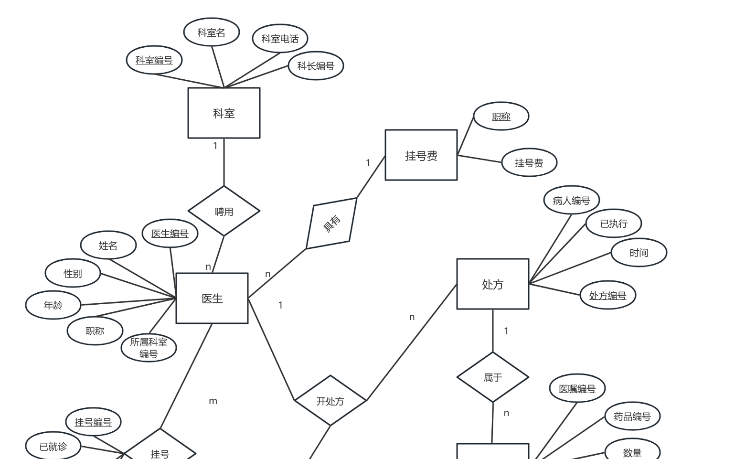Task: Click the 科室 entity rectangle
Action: point(224,113)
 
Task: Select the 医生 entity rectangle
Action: point(212,299)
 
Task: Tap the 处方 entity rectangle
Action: point(492,284)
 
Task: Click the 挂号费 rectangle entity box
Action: point(421,155)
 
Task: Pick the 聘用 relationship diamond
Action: point(224,211)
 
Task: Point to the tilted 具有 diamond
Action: point(331,224)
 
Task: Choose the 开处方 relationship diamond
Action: point(330,401)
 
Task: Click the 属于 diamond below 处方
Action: point(492,377)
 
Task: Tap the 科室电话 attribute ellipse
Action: point(280,39)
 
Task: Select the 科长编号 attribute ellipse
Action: point(316,66)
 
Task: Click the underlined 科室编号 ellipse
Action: point(154,60)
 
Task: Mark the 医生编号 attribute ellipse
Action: point(170,234)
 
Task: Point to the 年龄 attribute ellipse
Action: point(53,305)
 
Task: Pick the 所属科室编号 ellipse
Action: point(149,348)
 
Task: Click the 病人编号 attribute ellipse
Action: point(571,201)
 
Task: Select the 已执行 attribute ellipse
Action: point(613,224)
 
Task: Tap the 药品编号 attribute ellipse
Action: point(632,416)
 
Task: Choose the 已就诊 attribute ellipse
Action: point(53,447)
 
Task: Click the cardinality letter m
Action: point(213,401)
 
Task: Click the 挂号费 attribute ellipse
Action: point(529,163)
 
